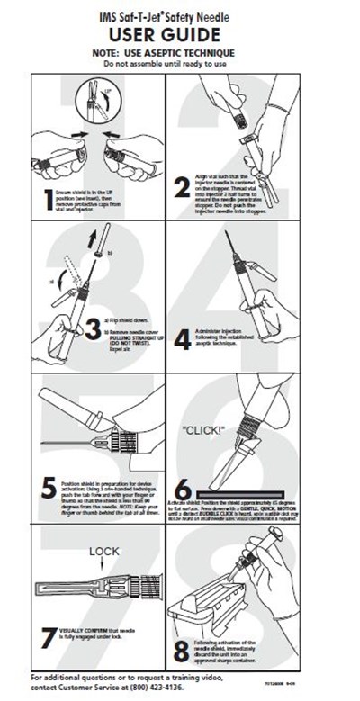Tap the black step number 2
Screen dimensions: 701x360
[183, 188]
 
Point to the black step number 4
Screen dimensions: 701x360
[183, 339]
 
